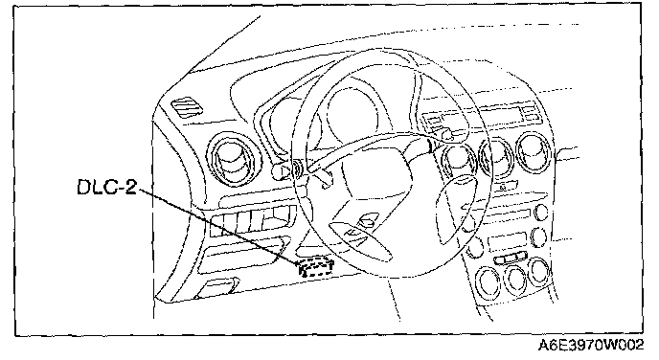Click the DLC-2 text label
coord(107,187)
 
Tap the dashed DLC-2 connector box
coord(316,267)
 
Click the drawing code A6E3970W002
coord(590,346)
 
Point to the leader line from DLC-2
coord(218,226)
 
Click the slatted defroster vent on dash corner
coord(187,108)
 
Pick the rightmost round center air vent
coord(534,152)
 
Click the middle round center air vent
coord(497,157)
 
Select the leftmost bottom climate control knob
coord(488,281)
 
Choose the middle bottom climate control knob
coord(514,279)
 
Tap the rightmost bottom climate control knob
coord(539,271)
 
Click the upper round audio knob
coord(541,213)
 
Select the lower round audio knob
coord(538,237)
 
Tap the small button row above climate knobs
coord(511,258)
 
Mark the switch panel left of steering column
coord(252,221)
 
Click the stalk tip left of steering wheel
coord(278,171)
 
